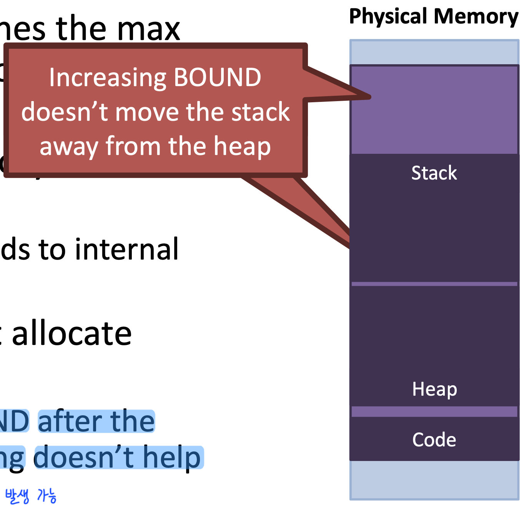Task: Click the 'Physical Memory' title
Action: tap(434, 17)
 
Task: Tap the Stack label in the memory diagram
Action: tap(434, 173)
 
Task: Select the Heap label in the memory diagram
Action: tap(434, 389)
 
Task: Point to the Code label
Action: tap(434, 439)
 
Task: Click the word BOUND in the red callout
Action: tap(217, 77)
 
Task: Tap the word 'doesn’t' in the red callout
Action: tap(65, 112)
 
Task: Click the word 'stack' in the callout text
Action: tap(260, 112)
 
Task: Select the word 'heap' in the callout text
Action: tap(242, 146)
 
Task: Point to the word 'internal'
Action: tap(127, 249)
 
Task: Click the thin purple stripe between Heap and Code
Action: tap(434, 412)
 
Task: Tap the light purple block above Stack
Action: tap(434, 110)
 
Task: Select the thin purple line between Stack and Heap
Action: tap(434, 284)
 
